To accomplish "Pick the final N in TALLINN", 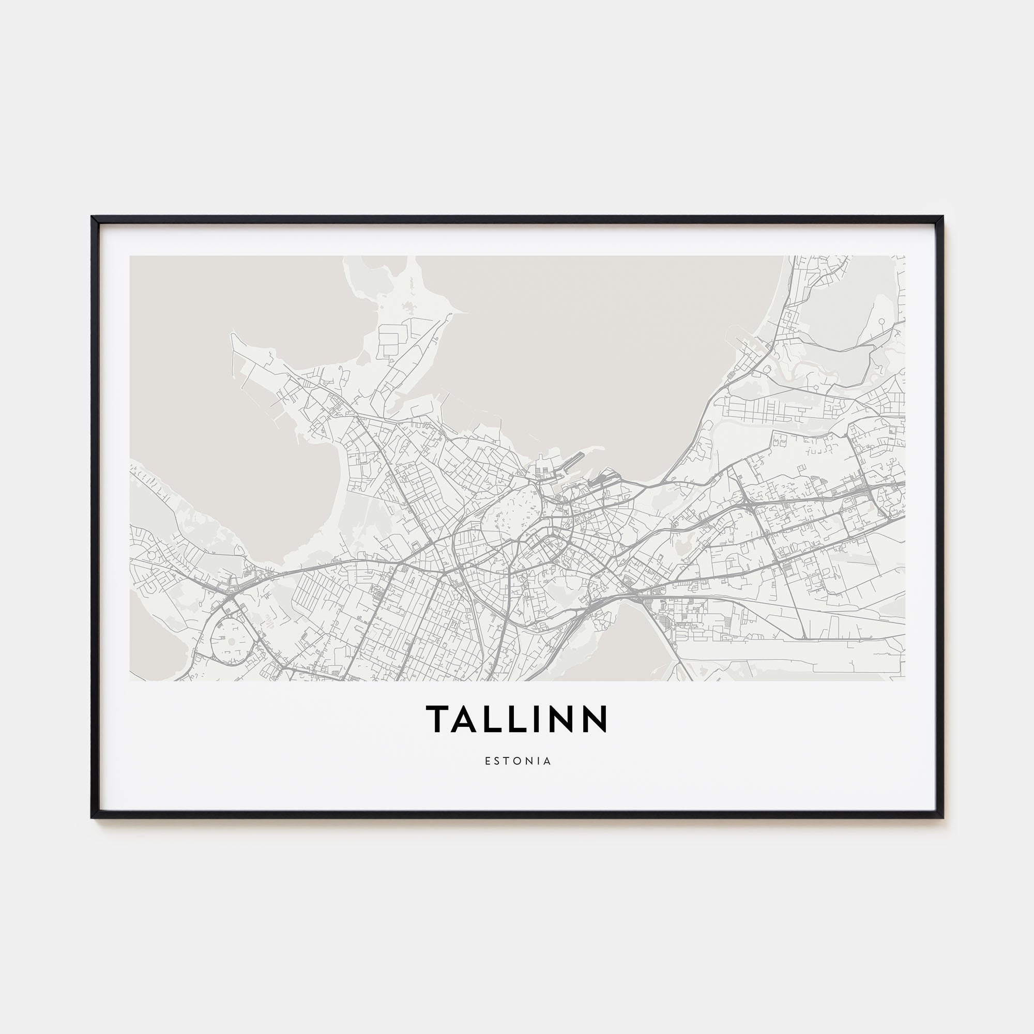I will point(596,718).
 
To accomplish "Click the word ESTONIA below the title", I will point(518,761).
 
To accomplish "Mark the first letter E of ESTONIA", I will point(488,761).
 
